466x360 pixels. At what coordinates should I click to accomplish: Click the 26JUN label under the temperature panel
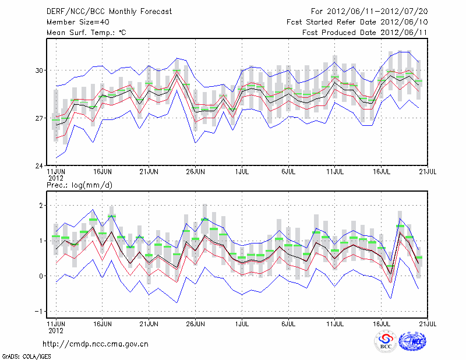click(x=196, y=172)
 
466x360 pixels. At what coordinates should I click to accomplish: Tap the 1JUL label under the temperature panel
click(x=242, y=172)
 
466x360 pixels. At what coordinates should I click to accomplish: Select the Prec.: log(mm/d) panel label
click(x=79, y=185)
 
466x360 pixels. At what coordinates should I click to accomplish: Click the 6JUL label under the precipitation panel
click(x=289, y=322)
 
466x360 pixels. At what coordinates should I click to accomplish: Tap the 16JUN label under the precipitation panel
click(x=103, y=322)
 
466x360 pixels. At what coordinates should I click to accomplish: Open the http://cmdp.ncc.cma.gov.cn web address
click(x=96, y=344)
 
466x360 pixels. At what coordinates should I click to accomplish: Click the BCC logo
click(x=385, y=341)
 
